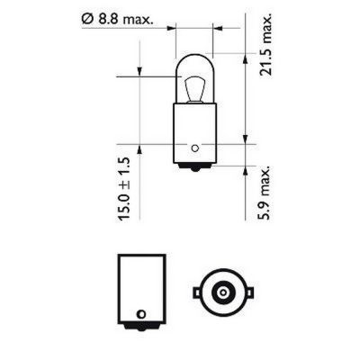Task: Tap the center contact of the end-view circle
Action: click(x=221, y=292)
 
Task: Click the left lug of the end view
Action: click(x=195, y=292)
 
